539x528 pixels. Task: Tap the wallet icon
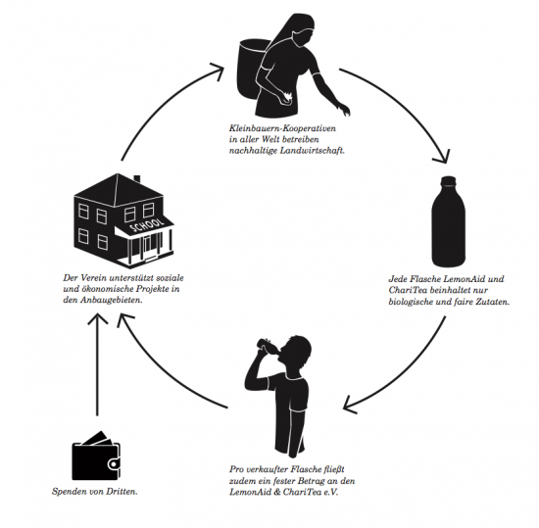click(96, 456)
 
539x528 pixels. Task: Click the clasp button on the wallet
click(113, 464)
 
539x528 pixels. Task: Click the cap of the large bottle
click(448, 180)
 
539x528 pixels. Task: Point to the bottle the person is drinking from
click(269, 344)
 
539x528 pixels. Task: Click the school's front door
click(148, 246)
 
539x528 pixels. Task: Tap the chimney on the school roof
click(137, 179)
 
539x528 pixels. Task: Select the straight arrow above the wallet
click(98, 364)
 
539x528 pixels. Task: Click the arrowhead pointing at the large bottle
click(442, 157)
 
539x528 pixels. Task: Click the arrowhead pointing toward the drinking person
click(351, 405)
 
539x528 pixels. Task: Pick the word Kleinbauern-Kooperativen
click(282, 128)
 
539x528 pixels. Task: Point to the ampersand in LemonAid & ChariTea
click(276, 492)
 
